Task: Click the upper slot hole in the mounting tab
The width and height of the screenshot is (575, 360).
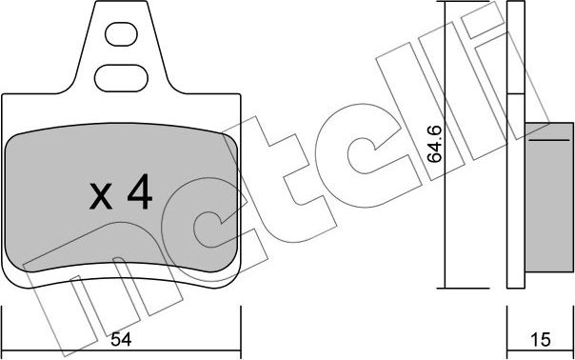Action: coord(121,34)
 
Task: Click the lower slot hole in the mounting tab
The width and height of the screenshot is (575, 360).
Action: coord(121,78)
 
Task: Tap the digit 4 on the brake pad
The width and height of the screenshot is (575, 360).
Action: coord(140,191)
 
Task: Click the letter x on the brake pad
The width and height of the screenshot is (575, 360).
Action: coord(101,197)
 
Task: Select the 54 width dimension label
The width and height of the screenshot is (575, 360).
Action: coord(121,340)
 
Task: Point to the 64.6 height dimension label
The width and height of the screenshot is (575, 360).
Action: coord(435,144)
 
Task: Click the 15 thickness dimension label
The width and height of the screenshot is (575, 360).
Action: coord(541,340)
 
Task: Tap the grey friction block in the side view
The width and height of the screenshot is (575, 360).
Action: coord(549,197)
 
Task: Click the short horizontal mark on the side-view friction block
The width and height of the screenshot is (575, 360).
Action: coord(549,140)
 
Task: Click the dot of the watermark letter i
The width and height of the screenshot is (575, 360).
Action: coord(482,21)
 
